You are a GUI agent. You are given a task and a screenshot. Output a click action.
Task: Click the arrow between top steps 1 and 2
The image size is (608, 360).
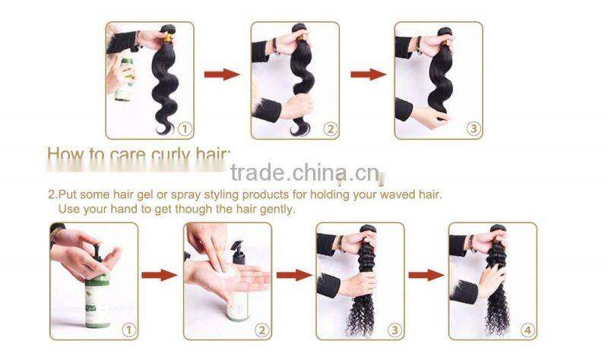tap(222, 74)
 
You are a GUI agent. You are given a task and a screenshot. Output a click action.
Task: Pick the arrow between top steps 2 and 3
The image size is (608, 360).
tap(368, 74)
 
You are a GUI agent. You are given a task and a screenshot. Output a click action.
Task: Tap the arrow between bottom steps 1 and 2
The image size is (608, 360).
tap(160, 275)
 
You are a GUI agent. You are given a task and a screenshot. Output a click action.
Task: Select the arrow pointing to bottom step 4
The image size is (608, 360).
tap(426, 275)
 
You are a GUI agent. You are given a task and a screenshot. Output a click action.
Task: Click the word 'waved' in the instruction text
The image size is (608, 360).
tap(394, 194)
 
